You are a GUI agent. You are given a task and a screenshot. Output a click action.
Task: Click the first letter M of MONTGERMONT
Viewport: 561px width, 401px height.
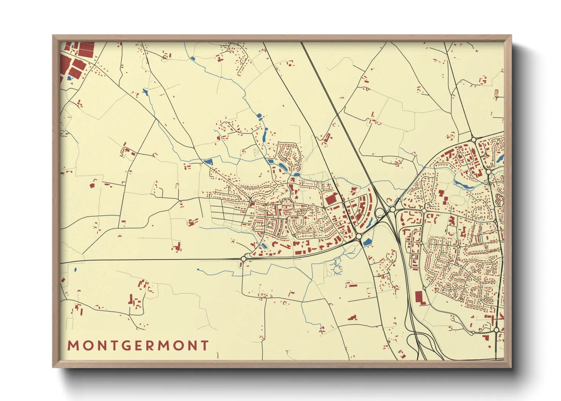point(73,346)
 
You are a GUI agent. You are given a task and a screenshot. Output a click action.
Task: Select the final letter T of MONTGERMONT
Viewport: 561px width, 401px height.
point(205,346)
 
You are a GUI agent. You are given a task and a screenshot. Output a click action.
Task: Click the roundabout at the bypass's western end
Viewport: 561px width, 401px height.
point(243,258)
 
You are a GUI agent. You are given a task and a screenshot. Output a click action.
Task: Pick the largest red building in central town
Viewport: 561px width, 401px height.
point(331,199)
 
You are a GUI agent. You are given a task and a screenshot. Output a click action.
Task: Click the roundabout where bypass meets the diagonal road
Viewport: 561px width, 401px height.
point(359,237)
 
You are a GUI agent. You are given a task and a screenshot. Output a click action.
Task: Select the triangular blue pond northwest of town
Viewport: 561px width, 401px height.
point(208,162)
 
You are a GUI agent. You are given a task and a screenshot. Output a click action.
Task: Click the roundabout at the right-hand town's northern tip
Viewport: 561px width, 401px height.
point(473,139)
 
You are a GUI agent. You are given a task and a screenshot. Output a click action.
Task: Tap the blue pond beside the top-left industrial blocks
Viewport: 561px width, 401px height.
point(69,78)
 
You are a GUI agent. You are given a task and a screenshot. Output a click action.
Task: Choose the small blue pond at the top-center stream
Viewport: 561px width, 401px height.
point(193,59)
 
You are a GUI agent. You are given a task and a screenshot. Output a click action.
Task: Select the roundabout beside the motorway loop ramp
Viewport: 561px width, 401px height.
point(393,209)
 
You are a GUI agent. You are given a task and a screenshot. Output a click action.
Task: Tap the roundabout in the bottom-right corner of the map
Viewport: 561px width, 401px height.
point(497,330)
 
